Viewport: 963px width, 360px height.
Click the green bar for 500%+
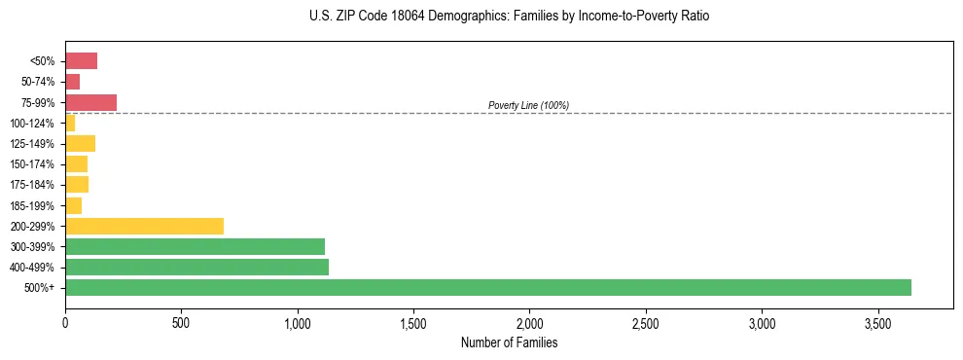(x=487, y=287)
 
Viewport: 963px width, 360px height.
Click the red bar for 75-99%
(x=90, y=102)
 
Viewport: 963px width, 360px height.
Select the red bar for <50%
(x=81, y=61)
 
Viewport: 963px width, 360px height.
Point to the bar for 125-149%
(x=80, y=144)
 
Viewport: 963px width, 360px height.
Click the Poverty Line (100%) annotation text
(x=528, y=105)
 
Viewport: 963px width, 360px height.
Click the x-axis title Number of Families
(x=509, y=342)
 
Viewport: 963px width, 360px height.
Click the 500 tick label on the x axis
(x=181, y=322)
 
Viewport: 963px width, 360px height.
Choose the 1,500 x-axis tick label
(x=413, y=322)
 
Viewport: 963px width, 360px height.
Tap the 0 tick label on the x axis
(x=65, y=322)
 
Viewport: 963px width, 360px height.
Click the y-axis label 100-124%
(x=32, y=124)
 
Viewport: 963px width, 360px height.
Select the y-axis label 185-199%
(x=32, y=205)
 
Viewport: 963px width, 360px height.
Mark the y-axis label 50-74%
(x=37, y=82)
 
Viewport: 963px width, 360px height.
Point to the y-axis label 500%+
(x=40, y=288)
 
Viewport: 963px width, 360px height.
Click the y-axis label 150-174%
(x=32, y=164)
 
